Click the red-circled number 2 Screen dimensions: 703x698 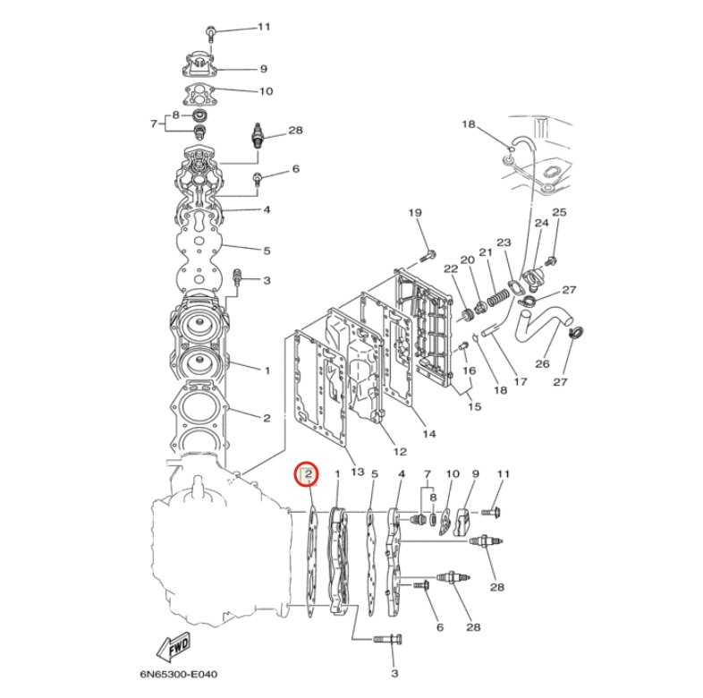309,473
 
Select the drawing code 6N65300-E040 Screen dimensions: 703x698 179,674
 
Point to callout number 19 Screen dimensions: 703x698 415,212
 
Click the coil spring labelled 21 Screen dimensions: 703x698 498,297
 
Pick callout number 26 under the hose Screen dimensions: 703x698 542,363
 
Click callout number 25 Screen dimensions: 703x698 559,212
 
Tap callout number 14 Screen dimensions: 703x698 429,434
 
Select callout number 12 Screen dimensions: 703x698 400,451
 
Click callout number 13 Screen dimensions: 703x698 358,472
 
